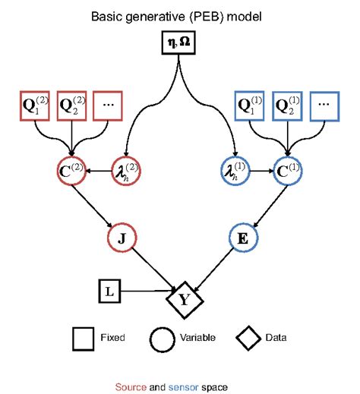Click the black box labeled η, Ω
click(x=180, y=44)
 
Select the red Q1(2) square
click(x=33, y=106)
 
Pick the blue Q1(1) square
click(x=251, y=106)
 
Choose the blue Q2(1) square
click(x=289, y=106)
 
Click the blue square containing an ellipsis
click(x=325, y=106)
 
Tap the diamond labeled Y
click(x=183, y=298)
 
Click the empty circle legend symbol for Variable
click(x=165, y=337)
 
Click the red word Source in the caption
click(x=130, y=386)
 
